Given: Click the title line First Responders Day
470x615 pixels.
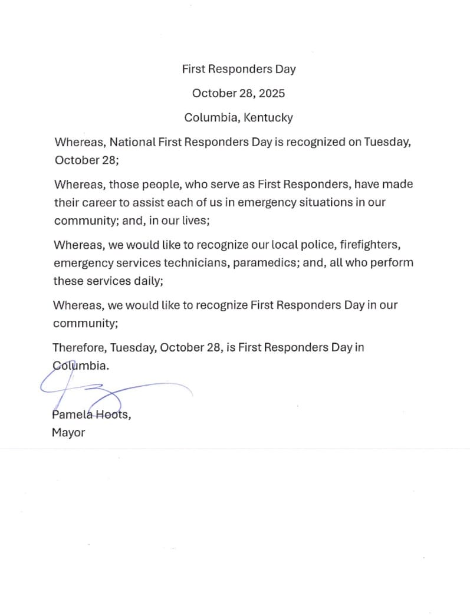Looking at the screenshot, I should coord(239,69).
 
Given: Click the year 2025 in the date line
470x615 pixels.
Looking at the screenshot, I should coord(272,93).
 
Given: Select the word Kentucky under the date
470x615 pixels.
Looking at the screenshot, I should coord(268,117).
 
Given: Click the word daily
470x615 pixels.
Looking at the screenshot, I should coord(147,281).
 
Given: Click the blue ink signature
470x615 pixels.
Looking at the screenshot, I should coord(112,390).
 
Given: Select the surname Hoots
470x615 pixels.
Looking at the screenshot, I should coord(114,415).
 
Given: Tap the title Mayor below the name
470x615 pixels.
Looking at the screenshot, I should coord(68,433).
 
